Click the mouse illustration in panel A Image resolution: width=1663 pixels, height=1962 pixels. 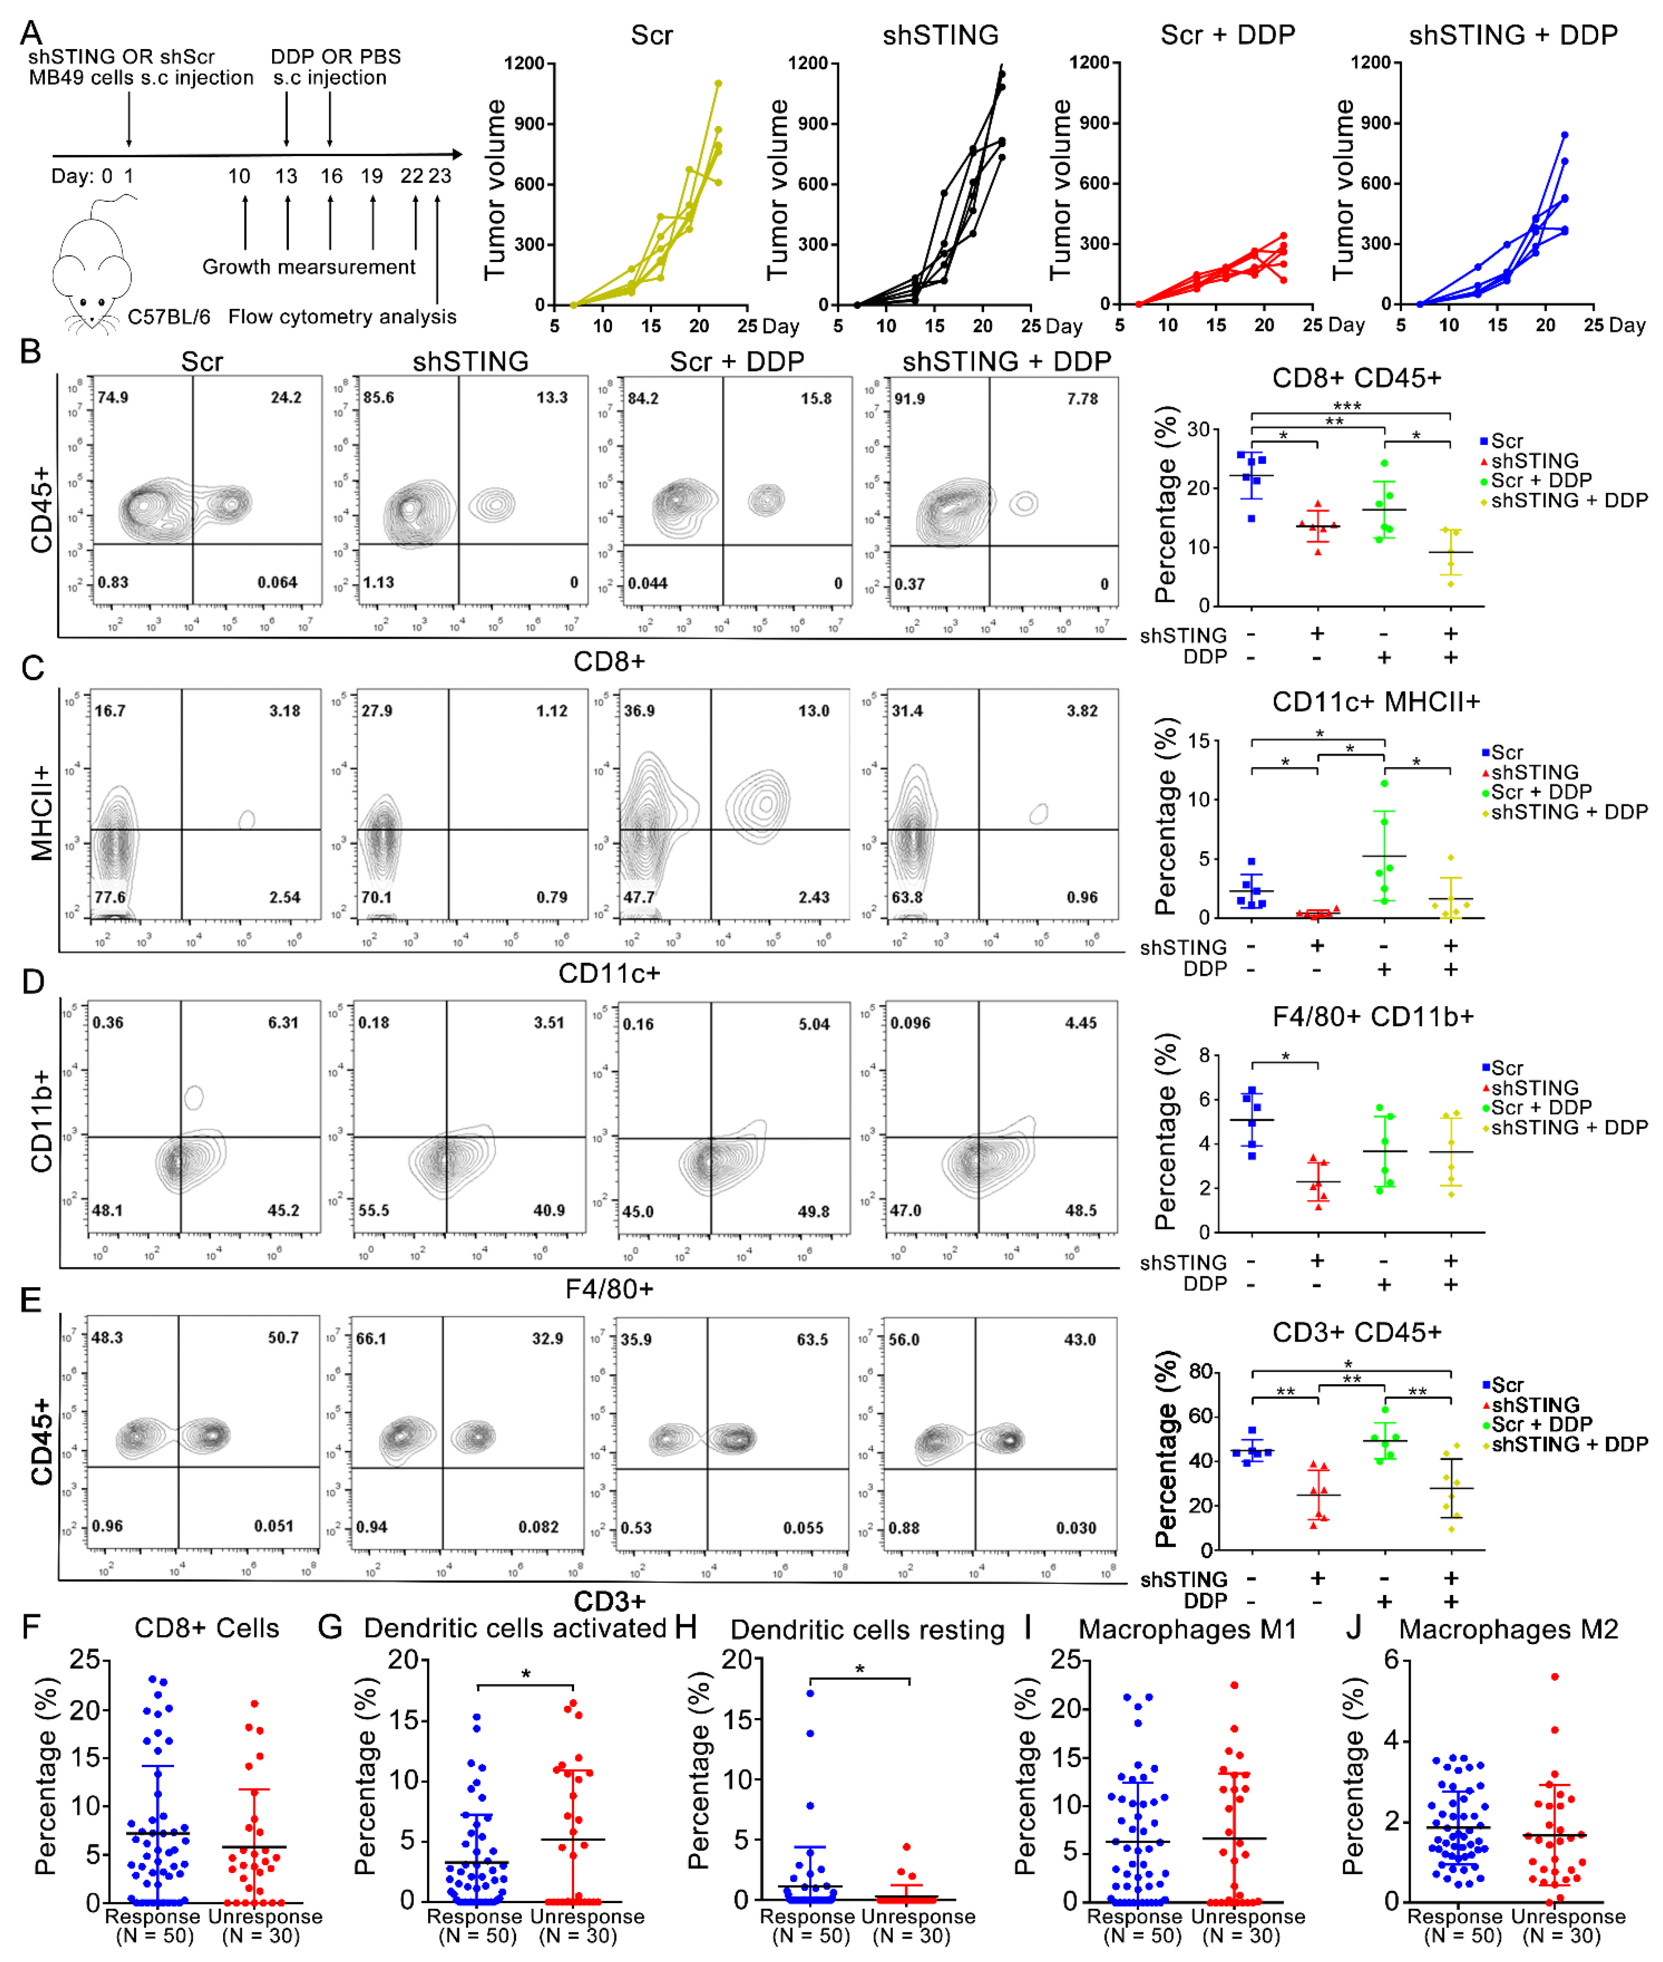[x=92, y=273]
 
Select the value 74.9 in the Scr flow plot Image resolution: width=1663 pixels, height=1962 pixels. [x=113, y=398]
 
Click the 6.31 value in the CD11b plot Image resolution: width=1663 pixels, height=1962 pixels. [x=283, y=1023]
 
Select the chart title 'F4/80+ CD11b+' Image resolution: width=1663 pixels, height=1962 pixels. [x=1372, y=1016]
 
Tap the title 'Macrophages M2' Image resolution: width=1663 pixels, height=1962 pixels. [x=1509, y=1629]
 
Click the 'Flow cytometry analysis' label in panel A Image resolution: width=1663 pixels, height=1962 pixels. [x=342, y=317]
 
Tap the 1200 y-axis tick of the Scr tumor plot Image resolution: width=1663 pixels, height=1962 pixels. [x=524, y=63]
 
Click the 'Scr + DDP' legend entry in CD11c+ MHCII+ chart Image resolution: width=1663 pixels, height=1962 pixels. [x=1540, y=792]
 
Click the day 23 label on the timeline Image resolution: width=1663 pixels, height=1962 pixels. [x=439, y=176]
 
